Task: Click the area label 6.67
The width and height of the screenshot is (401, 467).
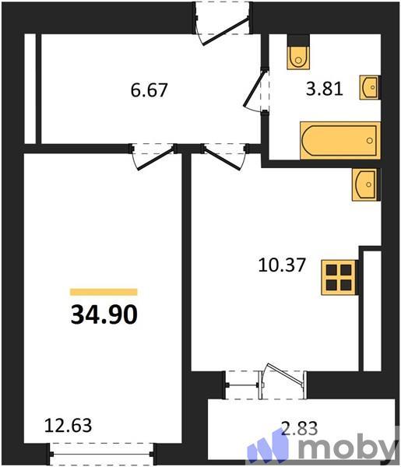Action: point(150,90)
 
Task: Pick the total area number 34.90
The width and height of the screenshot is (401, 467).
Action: point(104,314)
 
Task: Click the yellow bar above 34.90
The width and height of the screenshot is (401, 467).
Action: point(104,292)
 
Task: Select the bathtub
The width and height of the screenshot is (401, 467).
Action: point(339,141)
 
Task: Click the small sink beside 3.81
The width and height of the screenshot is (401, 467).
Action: point(369,88)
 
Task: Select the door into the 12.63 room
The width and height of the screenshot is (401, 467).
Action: point(153,155)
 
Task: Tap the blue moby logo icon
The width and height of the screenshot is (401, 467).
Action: point(268,448)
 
